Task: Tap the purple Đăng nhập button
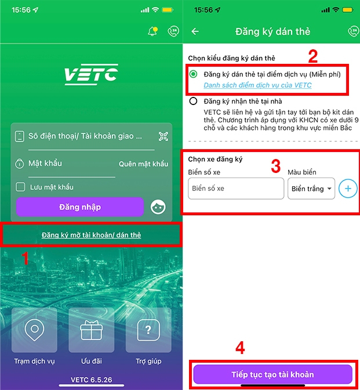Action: (x=79, y=207)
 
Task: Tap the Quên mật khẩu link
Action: (x=143, y=164)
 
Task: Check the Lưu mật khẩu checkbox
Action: (x=20, y=187)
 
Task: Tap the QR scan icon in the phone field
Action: (x=163, y=136)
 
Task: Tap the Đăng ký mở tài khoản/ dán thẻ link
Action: (x=91, y=235)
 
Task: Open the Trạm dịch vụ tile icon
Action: (x=34, y=330)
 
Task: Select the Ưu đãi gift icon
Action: (x=91, y=330)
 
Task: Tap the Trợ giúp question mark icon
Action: (x=148, y=330)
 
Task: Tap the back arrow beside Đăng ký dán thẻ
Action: (x=195, y=31)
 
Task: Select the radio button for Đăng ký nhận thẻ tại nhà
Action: (x=194, y=101)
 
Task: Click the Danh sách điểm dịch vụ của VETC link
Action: (x=257, y=85)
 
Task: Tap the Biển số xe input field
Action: (x=236, y=189)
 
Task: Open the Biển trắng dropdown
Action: (x=311, y=189)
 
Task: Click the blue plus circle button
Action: (x=348, y=189)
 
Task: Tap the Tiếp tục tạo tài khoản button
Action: (x=272, y=374)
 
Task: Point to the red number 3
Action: (x=276, y=165)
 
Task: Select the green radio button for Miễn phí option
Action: (x=194, y=74)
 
